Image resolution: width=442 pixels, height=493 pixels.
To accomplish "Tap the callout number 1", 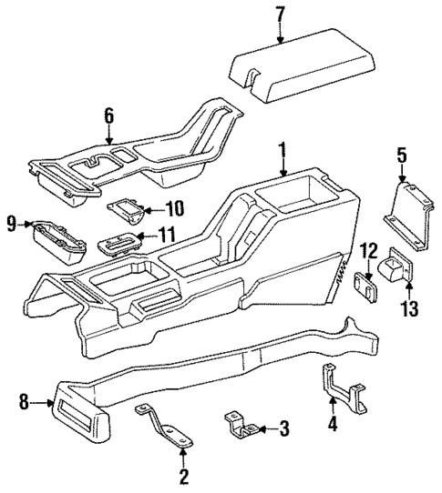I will [x=283, y=147].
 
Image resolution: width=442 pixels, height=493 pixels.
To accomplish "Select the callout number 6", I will [x=108, y=115].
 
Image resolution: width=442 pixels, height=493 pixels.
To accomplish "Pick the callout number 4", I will [x=333, y=423].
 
